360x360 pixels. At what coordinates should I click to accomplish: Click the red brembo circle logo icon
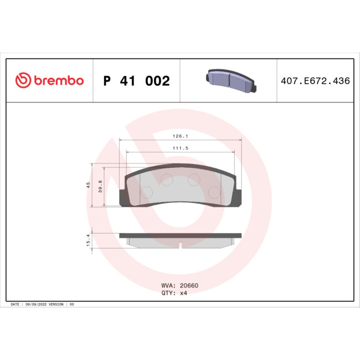[x=23, y=81]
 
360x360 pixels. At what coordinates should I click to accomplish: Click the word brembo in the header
[x=58, y=81]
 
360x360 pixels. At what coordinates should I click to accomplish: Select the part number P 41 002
[x=136, y=81]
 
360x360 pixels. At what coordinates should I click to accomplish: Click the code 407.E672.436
[x=315, y=81]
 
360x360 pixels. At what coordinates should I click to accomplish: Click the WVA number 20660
[x=188, y=286]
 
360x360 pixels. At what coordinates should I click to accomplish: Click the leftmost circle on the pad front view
[x=147, y=192]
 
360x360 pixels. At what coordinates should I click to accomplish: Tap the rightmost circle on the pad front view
[x=213, y=192]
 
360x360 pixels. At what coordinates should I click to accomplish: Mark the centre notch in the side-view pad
[x=181, y=243]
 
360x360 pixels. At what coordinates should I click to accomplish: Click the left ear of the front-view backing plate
[x=123, y=197]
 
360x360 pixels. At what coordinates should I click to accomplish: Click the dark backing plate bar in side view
[x=181, y=235]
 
